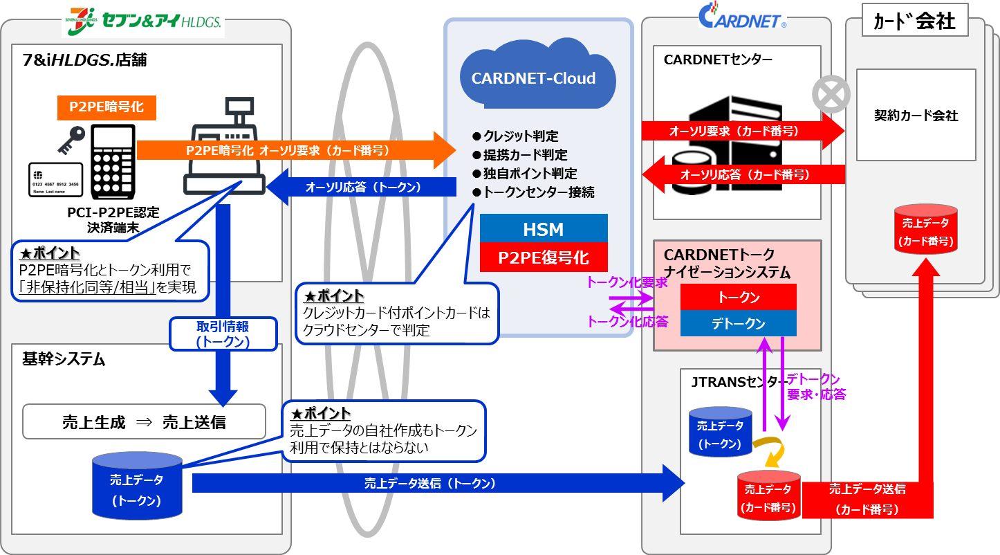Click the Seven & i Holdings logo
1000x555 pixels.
click(142, 20)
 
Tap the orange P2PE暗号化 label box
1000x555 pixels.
click(107, 107)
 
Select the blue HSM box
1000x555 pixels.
click(544, 229)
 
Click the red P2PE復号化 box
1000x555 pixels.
click(544, 257)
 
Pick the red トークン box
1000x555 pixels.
click(739, 298)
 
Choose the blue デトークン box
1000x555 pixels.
click(739, 323)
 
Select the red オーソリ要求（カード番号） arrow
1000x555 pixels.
click(743, 130)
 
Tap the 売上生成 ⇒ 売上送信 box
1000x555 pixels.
click(144, 422)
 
